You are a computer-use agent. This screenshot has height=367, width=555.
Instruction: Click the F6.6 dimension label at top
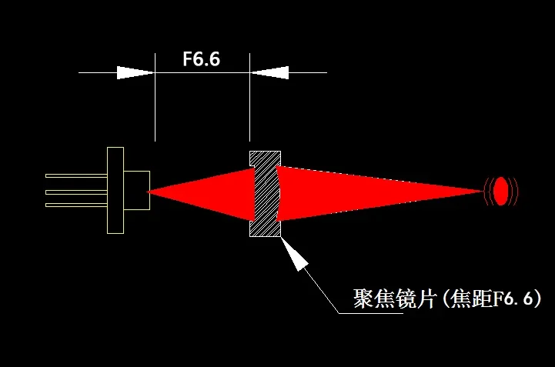[x=202, y=60]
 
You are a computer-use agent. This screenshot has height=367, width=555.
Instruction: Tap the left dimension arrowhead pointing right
[x=135, y=73]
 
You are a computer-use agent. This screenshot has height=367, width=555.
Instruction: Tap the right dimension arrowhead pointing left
[x=269, y=73]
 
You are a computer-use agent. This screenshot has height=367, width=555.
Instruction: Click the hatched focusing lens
[x=265, y=193]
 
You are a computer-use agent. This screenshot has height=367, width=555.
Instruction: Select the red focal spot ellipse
[x=500, y=191]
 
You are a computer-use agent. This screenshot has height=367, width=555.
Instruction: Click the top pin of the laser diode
[x=76, y=176]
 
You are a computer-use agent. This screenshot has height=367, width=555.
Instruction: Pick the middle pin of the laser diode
[x=76, y=191]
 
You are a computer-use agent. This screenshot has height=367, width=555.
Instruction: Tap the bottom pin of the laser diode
[x=76, y=205]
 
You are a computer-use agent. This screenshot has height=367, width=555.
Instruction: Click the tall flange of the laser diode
[x=115, y=190]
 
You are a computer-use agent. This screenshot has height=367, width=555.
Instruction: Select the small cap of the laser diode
[x=136, y=190]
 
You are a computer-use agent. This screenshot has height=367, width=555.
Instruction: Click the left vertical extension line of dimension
[x=155, y=100]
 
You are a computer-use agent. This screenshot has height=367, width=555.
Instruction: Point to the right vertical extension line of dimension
[x=250, y=100]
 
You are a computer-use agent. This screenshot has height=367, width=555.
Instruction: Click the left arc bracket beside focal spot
[x=487, y=191]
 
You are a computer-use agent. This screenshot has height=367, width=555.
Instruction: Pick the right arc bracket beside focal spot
[x=514, y=191]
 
